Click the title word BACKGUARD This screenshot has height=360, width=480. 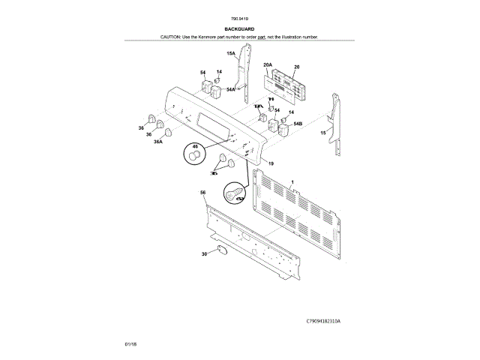coord(240,29)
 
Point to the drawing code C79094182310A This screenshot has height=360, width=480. coord(323,320)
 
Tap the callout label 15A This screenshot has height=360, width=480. coord(231,55)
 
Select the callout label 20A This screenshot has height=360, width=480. coord(268,65)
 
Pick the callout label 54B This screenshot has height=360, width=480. coord(298,122)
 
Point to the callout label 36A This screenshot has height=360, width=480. coord(158,141)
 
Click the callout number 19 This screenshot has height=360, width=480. coord(271,163)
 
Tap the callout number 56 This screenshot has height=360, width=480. coord(202,193)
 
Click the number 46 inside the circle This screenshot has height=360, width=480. coord(195,147)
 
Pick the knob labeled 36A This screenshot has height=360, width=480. coord(168,132)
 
